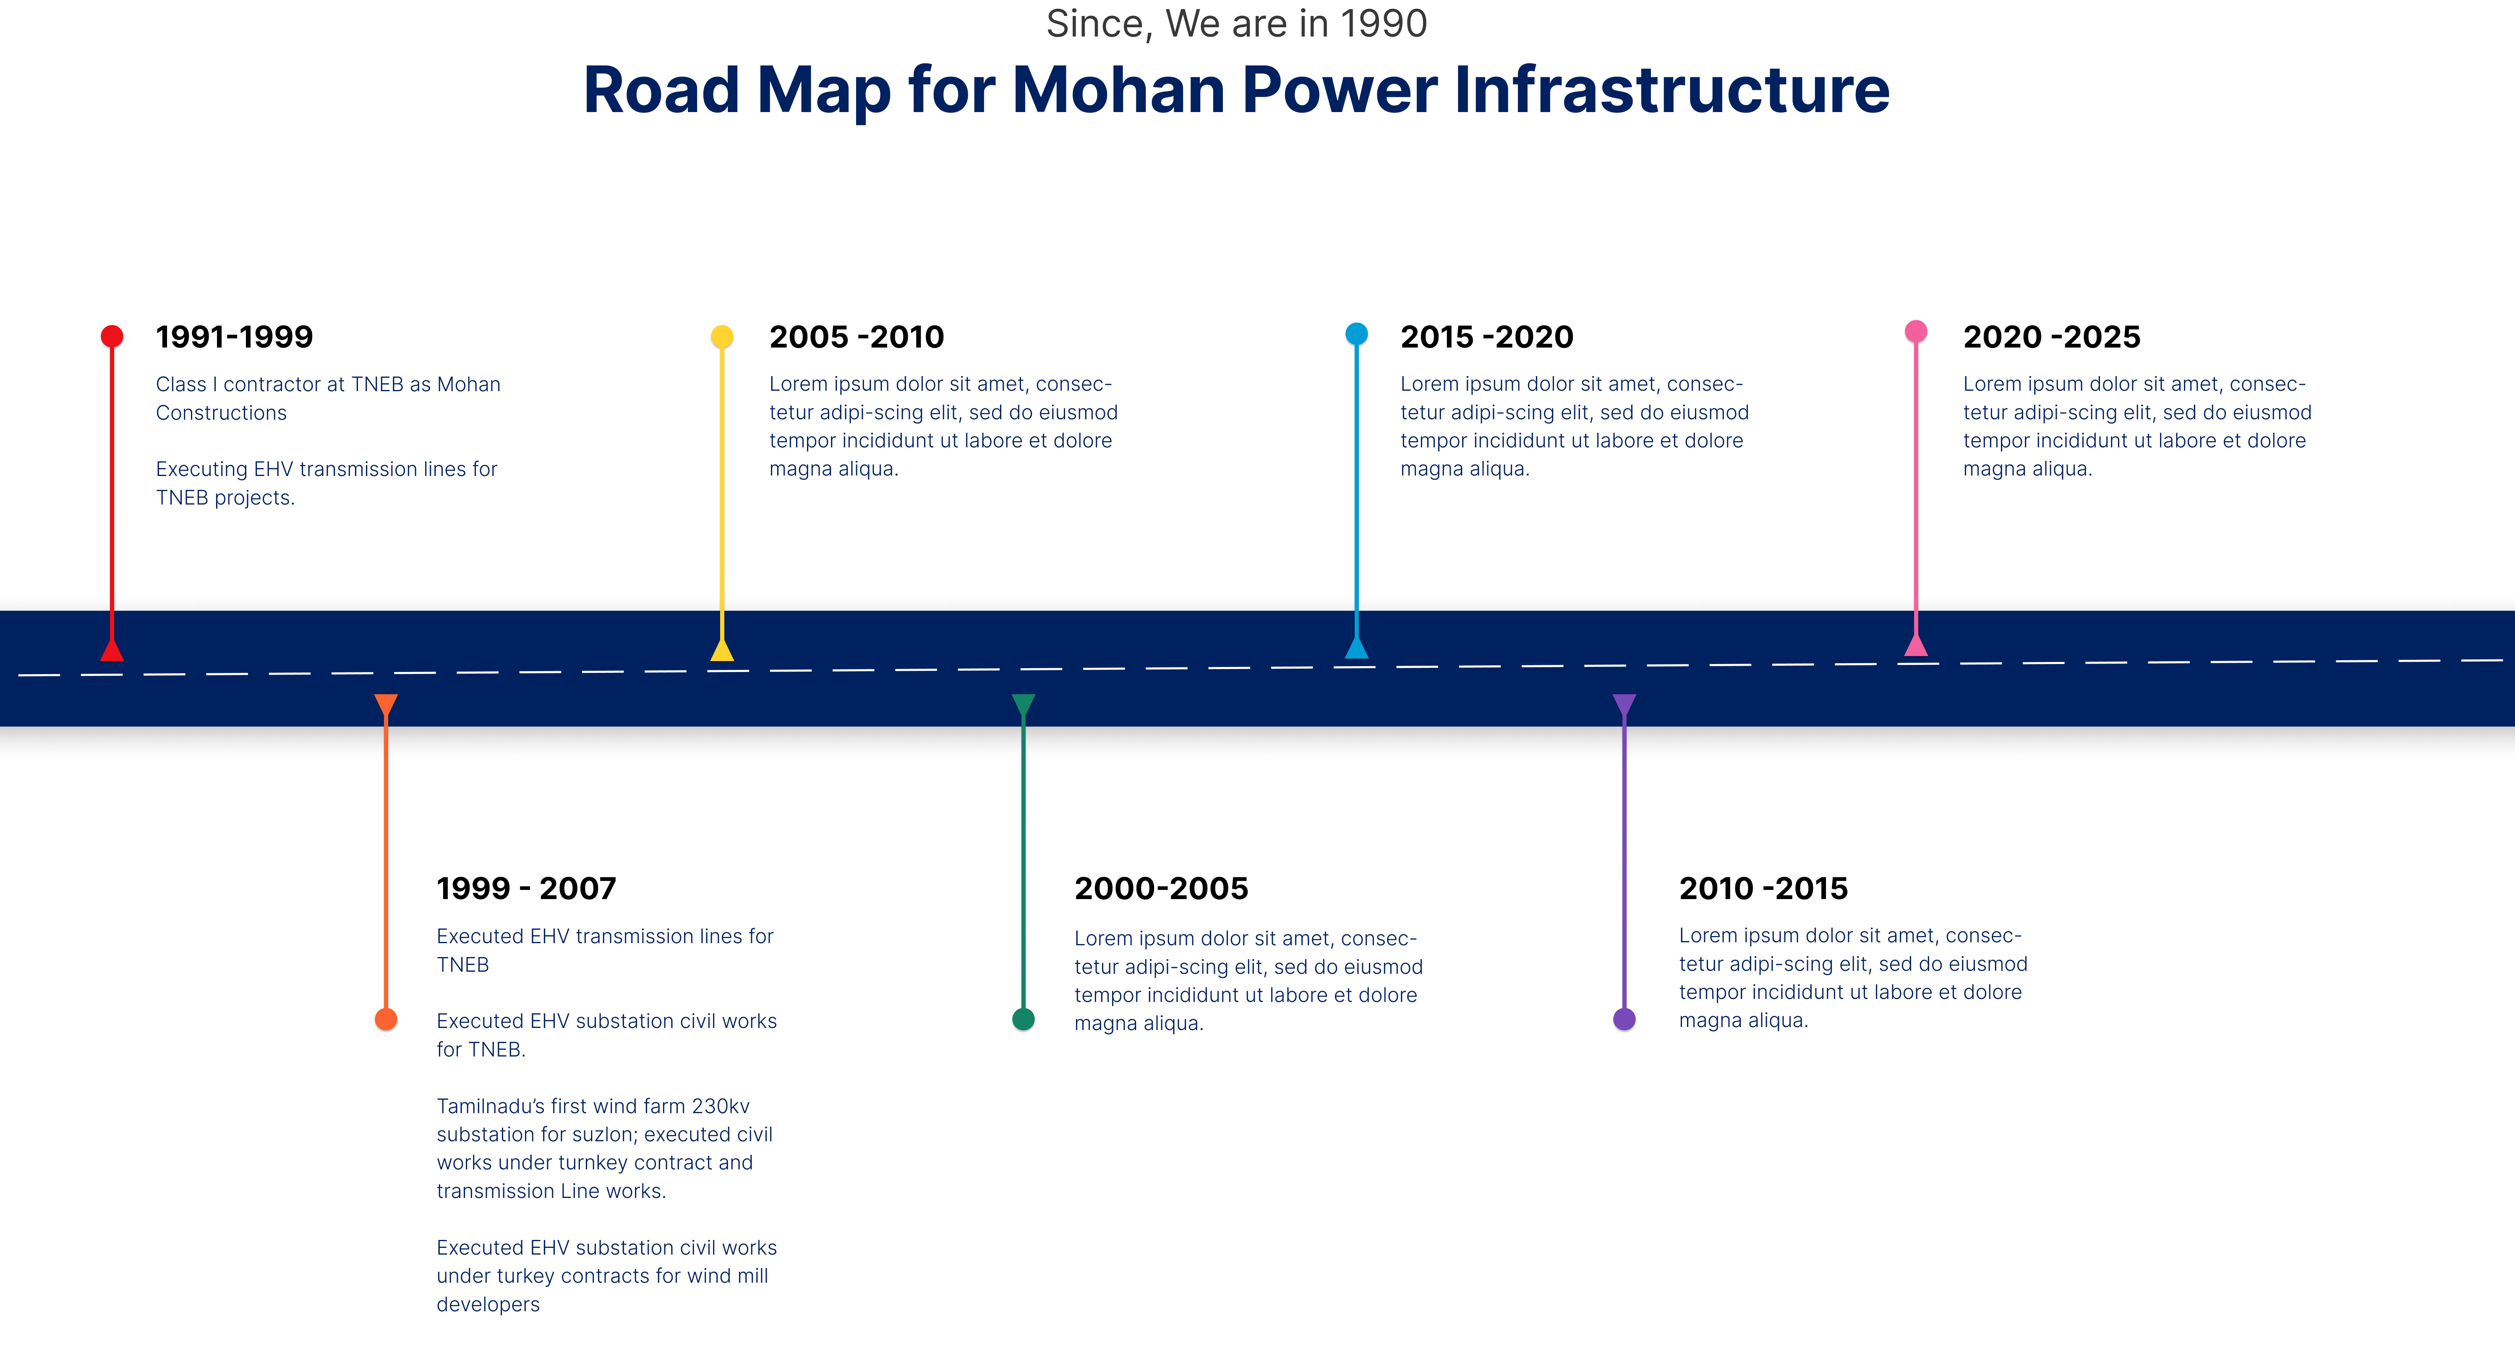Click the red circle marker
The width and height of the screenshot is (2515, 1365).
112,336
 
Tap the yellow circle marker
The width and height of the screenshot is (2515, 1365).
721,336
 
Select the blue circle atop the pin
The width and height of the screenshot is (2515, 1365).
1356,334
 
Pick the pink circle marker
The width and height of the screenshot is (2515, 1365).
1916,331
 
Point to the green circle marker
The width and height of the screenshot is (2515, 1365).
1023,1020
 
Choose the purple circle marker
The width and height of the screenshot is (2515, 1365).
1624,1020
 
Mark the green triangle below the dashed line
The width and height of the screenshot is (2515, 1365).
1023,704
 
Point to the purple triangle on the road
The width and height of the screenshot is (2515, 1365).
1624,704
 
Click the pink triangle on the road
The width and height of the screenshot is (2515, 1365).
1916,646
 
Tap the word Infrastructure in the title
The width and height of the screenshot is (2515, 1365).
1671,90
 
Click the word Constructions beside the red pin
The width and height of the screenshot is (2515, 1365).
222,413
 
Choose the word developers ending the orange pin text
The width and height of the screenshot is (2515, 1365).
488,1305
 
